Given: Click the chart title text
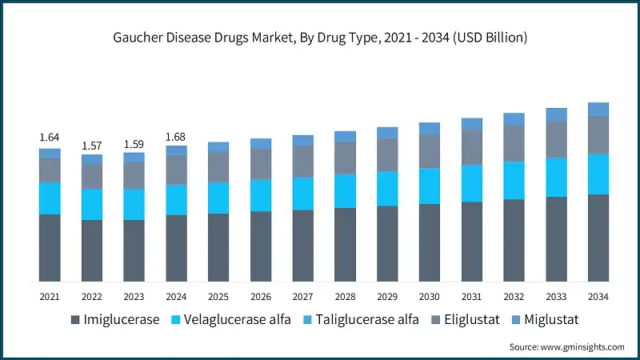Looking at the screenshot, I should click(x=320, y=38).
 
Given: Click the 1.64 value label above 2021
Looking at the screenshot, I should click(x=50, y=138).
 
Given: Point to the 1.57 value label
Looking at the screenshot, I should click(x=92, y=145).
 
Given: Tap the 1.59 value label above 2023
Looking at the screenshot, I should click(x=134, y=144).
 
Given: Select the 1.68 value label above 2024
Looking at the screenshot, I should click(x=176, y=137).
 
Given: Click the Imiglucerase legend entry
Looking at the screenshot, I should click(x=114, y=320).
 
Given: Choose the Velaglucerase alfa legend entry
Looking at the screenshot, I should click(x=233, y=320).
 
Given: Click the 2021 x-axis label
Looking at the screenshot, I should click(x=50, y=297).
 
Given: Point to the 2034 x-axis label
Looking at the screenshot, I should click(x=598, y=297).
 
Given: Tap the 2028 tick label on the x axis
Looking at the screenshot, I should click(x=345, y=297).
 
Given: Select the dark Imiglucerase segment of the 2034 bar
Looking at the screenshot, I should click(x=598, y=238).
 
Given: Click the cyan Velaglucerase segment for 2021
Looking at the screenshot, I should click(x=50, y=198).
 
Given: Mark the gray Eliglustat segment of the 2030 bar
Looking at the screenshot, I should click(x=430, y=151).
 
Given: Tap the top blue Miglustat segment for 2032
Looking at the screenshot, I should click(x=514, y=119).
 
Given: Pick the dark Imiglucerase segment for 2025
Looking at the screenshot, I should click(x=218, y=247).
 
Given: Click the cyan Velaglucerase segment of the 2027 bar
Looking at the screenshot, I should click(x=303, y=194).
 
